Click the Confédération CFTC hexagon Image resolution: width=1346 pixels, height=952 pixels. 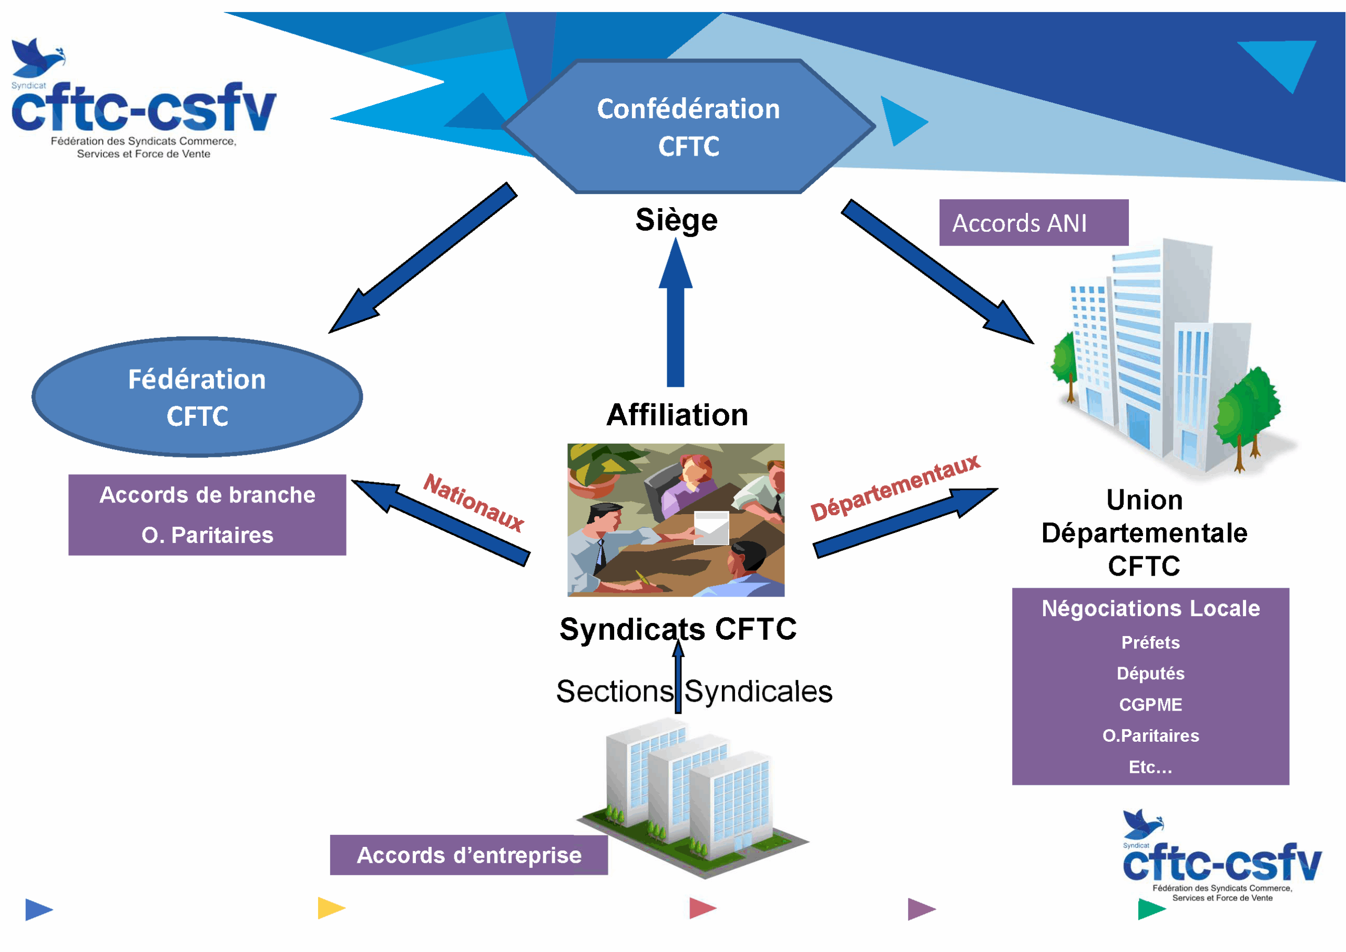click(x=689, y=127)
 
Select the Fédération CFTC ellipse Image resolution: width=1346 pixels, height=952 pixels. click(x=197, y=397)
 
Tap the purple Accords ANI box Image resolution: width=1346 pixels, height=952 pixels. click(x=1034, y=223)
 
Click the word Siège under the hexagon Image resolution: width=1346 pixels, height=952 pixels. click(x=676, y=220)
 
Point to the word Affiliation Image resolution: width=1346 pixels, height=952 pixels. click(x=677, y=415)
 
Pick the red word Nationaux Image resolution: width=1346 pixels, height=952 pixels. click(x=473, y=503)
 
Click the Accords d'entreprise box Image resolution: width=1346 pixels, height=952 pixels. click(x=469, y=855)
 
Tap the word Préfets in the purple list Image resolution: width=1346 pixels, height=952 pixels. click(x=1150, y=642)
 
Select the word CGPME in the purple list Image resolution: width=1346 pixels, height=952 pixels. click(x=1150, y=704)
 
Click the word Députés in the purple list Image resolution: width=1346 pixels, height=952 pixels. click(x=1150, y=673)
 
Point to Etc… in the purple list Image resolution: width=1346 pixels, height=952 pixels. click(x=1150, y=767)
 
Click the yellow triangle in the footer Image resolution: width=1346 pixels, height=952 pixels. click(x=331, y=908)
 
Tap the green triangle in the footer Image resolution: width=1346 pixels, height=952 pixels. click(x=1151, y=909)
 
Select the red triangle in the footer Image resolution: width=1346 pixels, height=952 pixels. click(x=703, y=908)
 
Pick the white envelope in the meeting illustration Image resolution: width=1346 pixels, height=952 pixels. click(x=711, y=528)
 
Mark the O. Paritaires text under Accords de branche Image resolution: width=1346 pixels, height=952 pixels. click(x=208, y=535)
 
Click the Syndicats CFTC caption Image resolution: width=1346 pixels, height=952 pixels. click(x=678, y=629)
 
